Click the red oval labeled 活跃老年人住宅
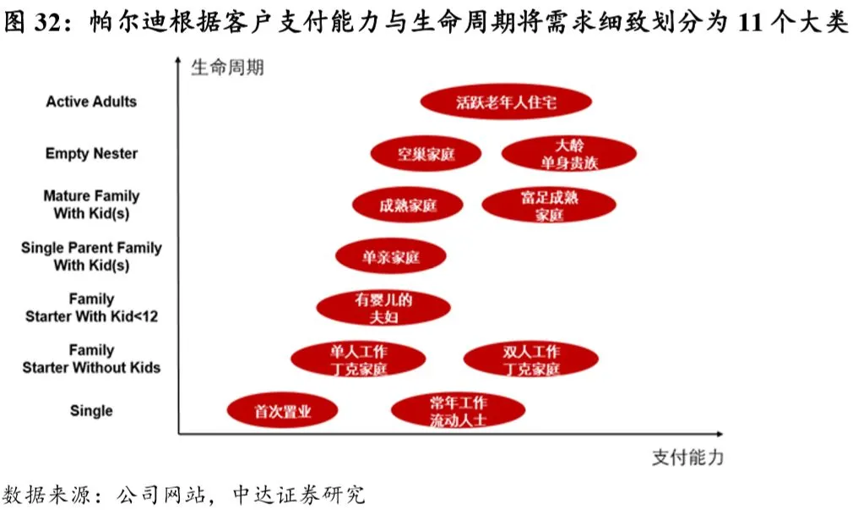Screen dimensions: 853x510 [x=506, y=102]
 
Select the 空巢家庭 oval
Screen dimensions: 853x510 [x=426, y=154]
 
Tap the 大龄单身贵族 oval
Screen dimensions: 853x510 [x=568, y=153]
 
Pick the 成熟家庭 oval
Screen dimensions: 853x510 [x=408, y=206]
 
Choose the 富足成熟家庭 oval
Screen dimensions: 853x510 [x=548, y=206]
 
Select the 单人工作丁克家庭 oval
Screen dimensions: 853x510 [x=358, y=359]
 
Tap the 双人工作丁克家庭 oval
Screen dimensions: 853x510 [x=531, y=359]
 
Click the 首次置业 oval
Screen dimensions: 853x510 [x=282, y=411]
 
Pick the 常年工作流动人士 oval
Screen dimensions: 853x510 [x=458, y=411]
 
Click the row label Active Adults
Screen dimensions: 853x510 [x=91, y=101]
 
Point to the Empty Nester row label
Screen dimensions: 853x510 [x=91, y=154]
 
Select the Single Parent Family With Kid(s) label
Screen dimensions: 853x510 [x=91, y=256]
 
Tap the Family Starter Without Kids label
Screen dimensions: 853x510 [x=91, y=359]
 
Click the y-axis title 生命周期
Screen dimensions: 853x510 [x=227, y=67]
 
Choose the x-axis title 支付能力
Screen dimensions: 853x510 [x=687, y=458]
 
